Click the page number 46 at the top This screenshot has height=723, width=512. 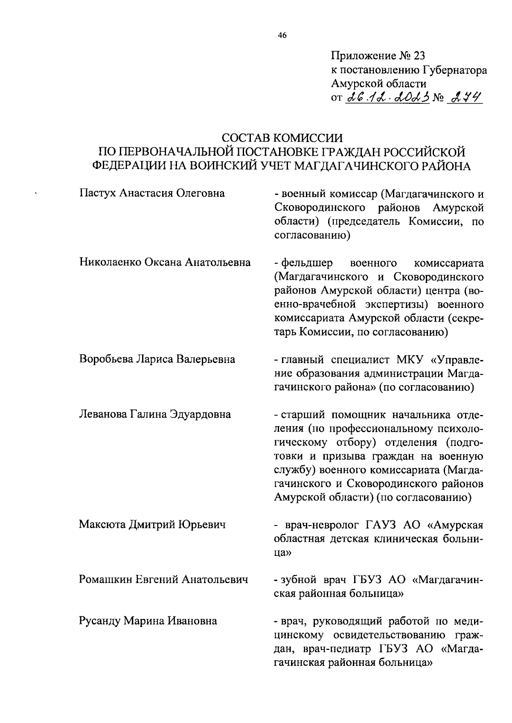pos(282,36)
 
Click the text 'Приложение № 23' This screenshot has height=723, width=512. pos(378,56)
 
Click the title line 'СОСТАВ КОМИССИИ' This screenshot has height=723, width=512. pos(282,138)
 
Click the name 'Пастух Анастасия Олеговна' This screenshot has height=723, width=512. pos(152,194)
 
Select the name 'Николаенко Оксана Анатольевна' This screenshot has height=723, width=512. pos(165,262)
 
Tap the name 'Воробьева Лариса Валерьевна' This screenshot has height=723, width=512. pos(157,359)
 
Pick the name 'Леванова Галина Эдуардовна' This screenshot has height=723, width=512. pos(155,414)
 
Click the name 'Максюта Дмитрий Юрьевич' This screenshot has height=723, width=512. pos(152,524)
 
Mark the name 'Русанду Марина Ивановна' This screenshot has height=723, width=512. pos(148,621)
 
